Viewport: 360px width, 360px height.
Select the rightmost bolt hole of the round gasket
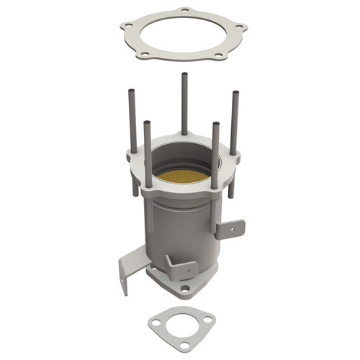pyautogui.click(x=239, y=28)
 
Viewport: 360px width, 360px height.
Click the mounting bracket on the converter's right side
pyautogui.click(x=230, y=229)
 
